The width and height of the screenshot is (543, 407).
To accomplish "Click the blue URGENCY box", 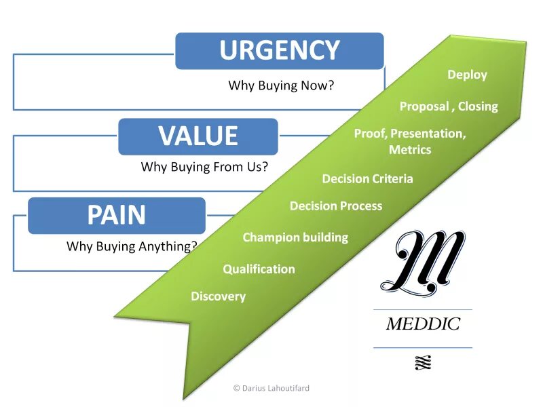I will pos(279,51).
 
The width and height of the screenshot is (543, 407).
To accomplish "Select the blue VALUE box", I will pos(198,136).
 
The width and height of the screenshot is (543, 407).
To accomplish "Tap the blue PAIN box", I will pos(116,216).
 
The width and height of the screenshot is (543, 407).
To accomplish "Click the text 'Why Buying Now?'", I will pos(281,86).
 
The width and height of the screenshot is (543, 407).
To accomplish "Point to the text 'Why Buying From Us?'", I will pos(204,166).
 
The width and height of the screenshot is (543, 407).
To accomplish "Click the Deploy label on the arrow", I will pos(467,75).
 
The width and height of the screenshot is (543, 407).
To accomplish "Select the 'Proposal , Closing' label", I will pos(448,106).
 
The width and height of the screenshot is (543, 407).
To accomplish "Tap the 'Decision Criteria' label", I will pos(367,179).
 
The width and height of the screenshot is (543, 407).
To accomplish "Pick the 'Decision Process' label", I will pos(336,206).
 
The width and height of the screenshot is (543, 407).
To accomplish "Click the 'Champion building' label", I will pos(295,237).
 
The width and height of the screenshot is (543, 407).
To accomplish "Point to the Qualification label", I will pos(259,269).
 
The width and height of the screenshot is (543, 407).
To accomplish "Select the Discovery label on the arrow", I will pos(218,296).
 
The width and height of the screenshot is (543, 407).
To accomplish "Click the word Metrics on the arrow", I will pos(410,150).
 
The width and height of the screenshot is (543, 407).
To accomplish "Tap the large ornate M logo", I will pos(422,261).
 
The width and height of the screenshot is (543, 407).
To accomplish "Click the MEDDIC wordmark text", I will pos(422,324).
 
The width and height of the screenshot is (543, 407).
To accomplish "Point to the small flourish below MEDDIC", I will pos(422,363).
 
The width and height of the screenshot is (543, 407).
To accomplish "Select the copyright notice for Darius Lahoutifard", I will pos(271,388).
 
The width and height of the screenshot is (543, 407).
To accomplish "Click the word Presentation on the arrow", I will pos(428,134).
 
